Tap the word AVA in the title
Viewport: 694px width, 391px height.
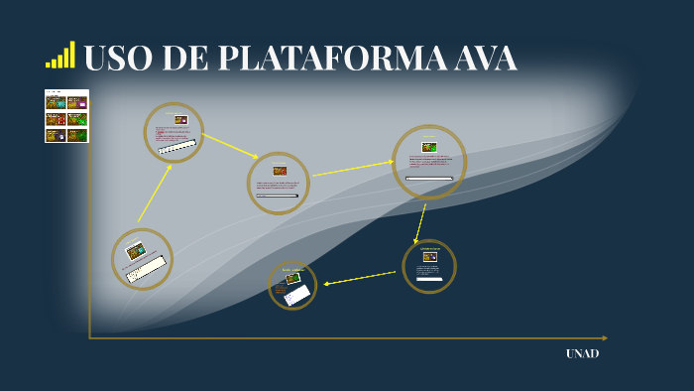point(485,60)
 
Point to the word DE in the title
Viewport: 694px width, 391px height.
point(185,60)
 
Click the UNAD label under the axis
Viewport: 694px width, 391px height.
point(582,353)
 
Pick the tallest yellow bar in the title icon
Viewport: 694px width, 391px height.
point(72,55)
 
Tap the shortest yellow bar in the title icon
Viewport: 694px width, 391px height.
point(48,65)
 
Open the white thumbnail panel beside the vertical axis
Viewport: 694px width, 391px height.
point(66,116)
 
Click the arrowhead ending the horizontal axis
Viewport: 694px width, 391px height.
point(604,338)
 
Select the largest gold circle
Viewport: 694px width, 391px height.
point(429,162)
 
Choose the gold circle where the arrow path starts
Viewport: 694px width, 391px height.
point(142,259)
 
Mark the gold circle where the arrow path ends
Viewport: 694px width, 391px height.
point(292,285)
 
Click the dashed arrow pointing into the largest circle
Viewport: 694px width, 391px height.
point(353,169)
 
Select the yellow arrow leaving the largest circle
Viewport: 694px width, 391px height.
point(420,222)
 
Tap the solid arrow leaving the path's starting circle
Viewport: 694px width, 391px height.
point(154,194)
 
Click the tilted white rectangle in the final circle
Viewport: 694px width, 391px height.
point(297,295)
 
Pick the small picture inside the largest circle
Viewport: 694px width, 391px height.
point(429,147)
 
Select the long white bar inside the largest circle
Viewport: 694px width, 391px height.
point(429,179)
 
